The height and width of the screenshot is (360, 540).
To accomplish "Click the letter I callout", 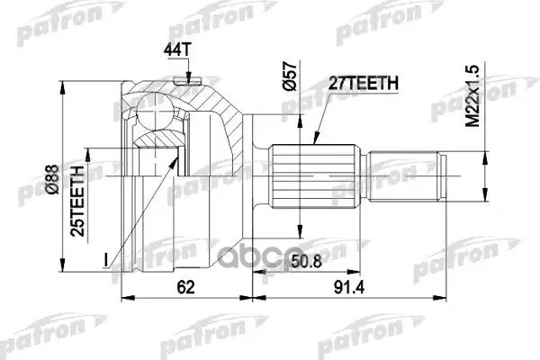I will click(106, 260).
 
